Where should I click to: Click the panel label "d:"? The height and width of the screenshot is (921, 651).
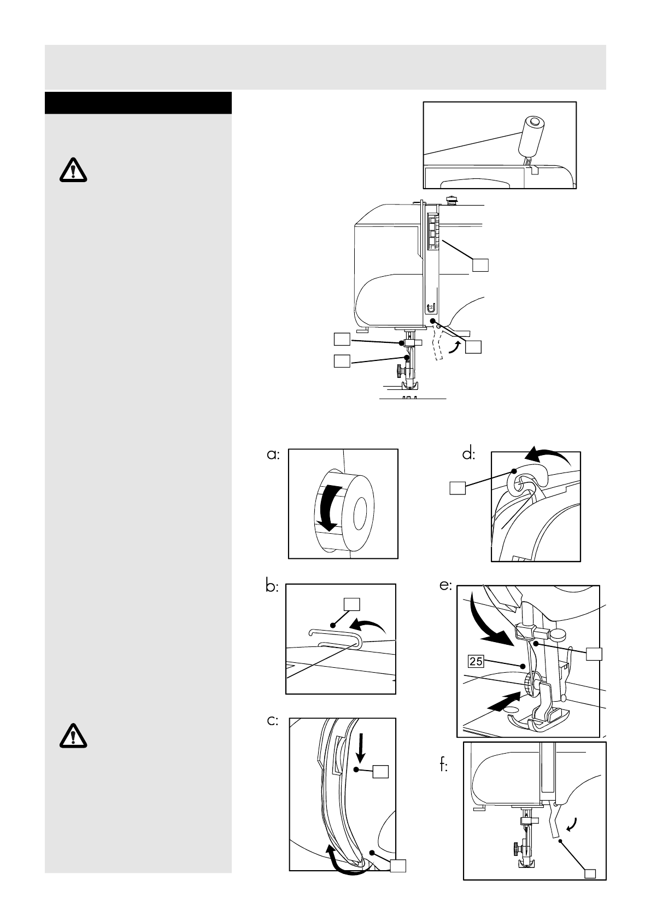468,454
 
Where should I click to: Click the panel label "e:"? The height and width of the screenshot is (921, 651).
445,586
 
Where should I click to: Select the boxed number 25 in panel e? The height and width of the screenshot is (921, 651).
476,662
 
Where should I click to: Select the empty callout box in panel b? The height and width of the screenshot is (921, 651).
351,604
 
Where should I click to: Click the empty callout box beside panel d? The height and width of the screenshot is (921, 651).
458,488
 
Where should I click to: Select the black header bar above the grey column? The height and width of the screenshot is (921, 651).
138,103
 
